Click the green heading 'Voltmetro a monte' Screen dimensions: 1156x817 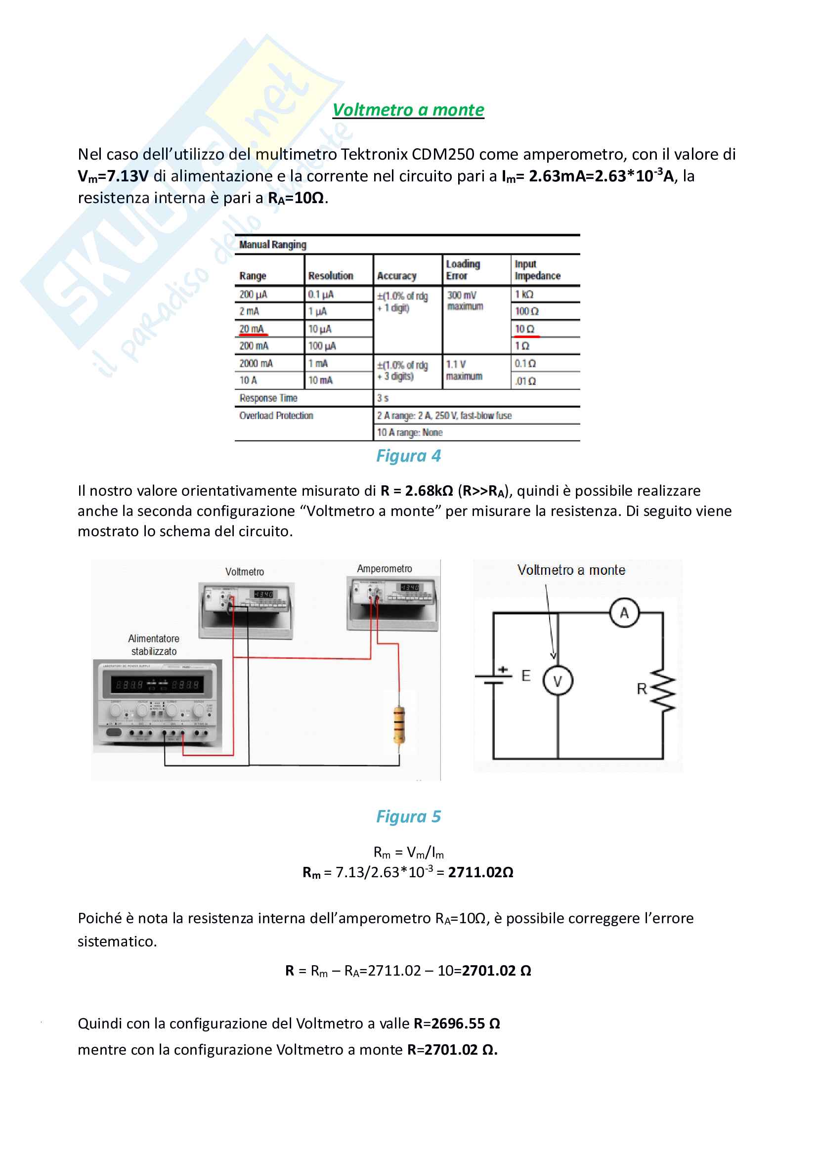[408, 110]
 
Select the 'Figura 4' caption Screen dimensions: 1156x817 [408, 456]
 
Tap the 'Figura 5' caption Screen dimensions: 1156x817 [408, 816]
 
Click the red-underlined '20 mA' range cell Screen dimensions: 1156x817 [252, 329]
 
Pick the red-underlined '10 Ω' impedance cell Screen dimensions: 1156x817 [524, 329]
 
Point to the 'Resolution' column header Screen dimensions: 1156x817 [331, 275]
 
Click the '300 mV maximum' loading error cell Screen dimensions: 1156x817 [465, 300]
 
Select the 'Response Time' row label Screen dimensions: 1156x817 [268, 398]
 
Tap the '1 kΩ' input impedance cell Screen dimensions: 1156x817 [524, 294]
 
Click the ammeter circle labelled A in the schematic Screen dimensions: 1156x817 [624, 613]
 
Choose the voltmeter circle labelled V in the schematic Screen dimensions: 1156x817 [558, 681]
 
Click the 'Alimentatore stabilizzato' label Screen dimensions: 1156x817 [154, 645]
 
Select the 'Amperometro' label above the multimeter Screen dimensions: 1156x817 [385, 568]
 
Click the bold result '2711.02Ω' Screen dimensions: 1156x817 [480, 872]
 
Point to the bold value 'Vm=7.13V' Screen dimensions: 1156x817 [113, 176]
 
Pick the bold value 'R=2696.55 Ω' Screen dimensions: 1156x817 [457, 1024]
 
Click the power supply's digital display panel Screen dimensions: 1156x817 [158, 684]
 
